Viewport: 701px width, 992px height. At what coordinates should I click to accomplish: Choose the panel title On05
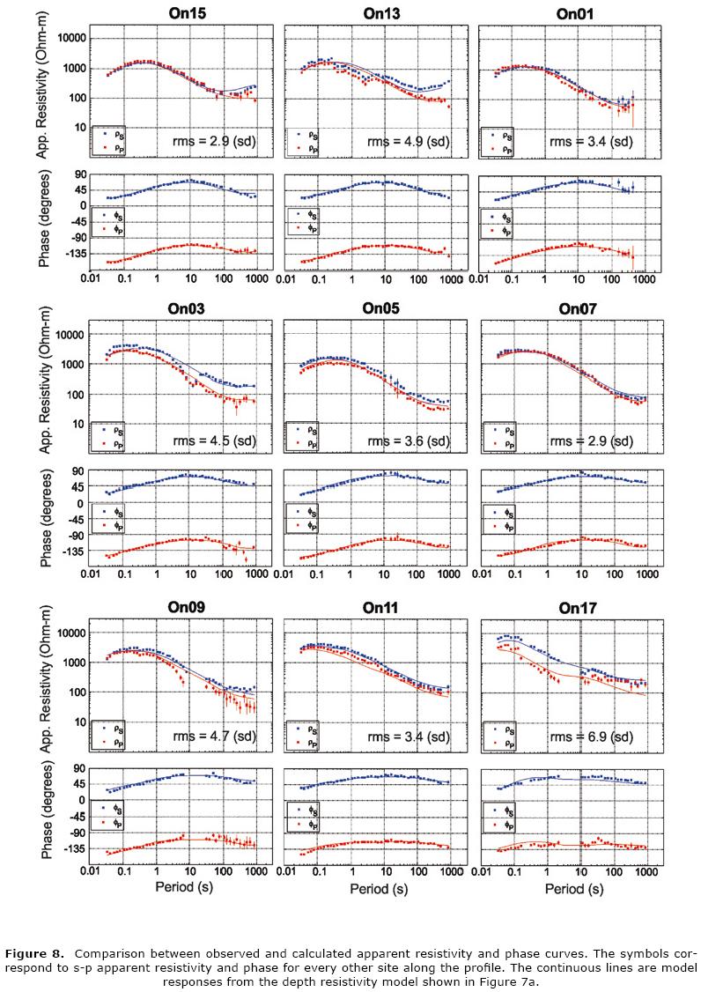coord(382,308)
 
